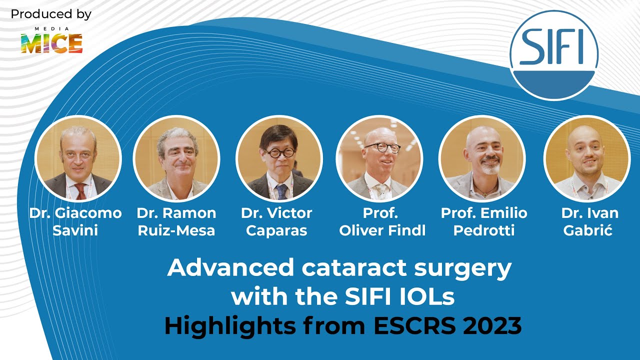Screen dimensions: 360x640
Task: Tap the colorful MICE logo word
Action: tap(51, 44)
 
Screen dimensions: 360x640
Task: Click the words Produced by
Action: tap(51, 14)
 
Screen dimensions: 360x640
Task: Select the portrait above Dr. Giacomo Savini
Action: tap(78, 158)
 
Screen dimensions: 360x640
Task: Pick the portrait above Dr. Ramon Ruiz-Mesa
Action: tap(176, 158)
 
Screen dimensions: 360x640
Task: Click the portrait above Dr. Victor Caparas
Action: tap(279, 158)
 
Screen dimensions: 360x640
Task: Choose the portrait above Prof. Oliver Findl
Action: tap(379, 158)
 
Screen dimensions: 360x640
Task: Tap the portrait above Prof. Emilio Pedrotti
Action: tap(482, 158)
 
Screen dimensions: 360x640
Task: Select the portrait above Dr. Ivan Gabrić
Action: tap(587, 158)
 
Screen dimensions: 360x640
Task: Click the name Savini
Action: tap(75, 230)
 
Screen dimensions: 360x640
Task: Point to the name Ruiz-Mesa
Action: tap(176, 230)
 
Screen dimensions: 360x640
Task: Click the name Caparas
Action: tap(276, 230)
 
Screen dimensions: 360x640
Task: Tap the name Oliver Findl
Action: tap(382, 230)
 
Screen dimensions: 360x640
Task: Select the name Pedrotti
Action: tap(484, 230)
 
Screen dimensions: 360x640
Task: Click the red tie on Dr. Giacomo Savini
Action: tap(80, 191)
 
